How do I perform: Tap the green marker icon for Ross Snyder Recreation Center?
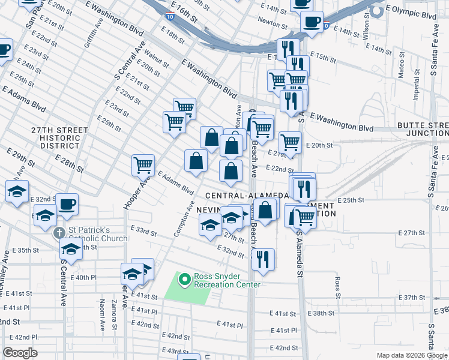184,279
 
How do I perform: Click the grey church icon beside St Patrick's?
59,233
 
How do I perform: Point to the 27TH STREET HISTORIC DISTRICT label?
56,137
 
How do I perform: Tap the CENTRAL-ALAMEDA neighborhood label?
248,196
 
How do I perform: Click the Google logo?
20,353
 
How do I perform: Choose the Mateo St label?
401,74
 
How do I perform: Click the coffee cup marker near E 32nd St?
67,203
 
